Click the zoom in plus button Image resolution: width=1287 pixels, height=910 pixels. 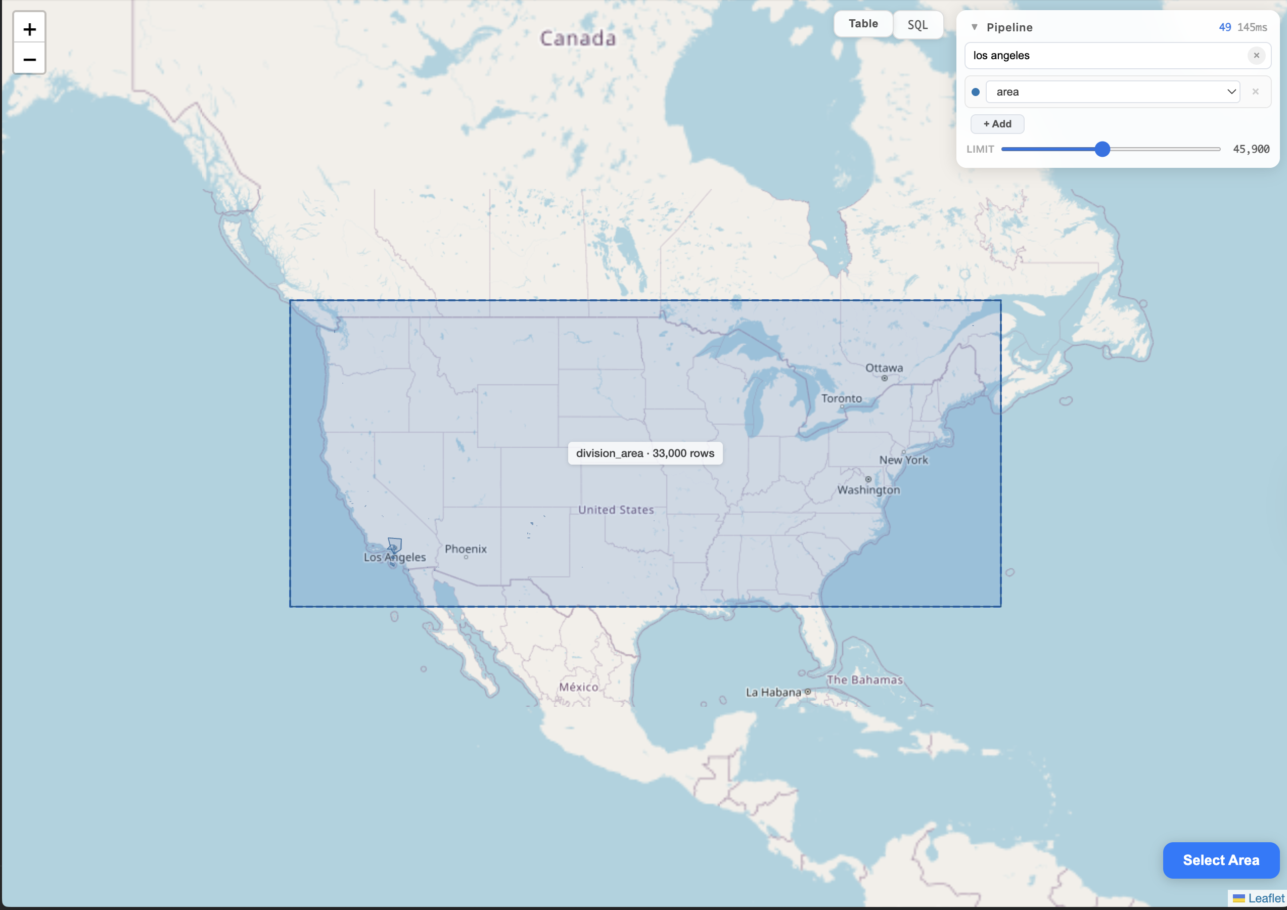pyautogui.click(x=29, y=29)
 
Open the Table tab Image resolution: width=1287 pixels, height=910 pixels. pyautogui.click(x=863, y=24)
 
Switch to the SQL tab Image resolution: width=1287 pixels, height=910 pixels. pyautogui.click(x=917, y=25)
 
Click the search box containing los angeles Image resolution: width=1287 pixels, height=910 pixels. pyautogui.click(x=1105, y=56)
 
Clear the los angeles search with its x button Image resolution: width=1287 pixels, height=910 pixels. pyautogui.click(x=1256, y=56)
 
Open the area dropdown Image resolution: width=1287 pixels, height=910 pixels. pyautogui.click(x=1112, y=92)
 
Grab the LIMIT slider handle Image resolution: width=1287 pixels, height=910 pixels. pyautogui.click(x=1102, y=149)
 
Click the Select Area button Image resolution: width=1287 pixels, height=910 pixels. pyautogui.click(x=1220, y=860)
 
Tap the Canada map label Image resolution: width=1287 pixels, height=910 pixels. pyautogui.click(x=577, y=38)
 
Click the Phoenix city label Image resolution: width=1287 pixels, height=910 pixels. pyautogui.click(x=465, y=549)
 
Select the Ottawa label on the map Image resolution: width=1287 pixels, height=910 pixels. pyautogui.click(x=884, y=368)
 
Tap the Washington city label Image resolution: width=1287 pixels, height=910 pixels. pyautogui.click(x=868, y=490)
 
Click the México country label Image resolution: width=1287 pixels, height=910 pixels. pyautogui.click(x=578, y=687)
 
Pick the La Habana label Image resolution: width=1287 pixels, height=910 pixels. pyautogui.click(x=773, y=693)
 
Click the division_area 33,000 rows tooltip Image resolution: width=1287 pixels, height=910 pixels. pyautogui.click(x=645, y=453)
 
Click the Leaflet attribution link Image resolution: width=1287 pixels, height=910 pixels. pyautogui.click(x=1266, y=898)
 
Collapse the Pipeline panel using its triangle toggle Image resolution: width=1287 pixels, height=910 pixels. pyautogui.click(x=974, y=27)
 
